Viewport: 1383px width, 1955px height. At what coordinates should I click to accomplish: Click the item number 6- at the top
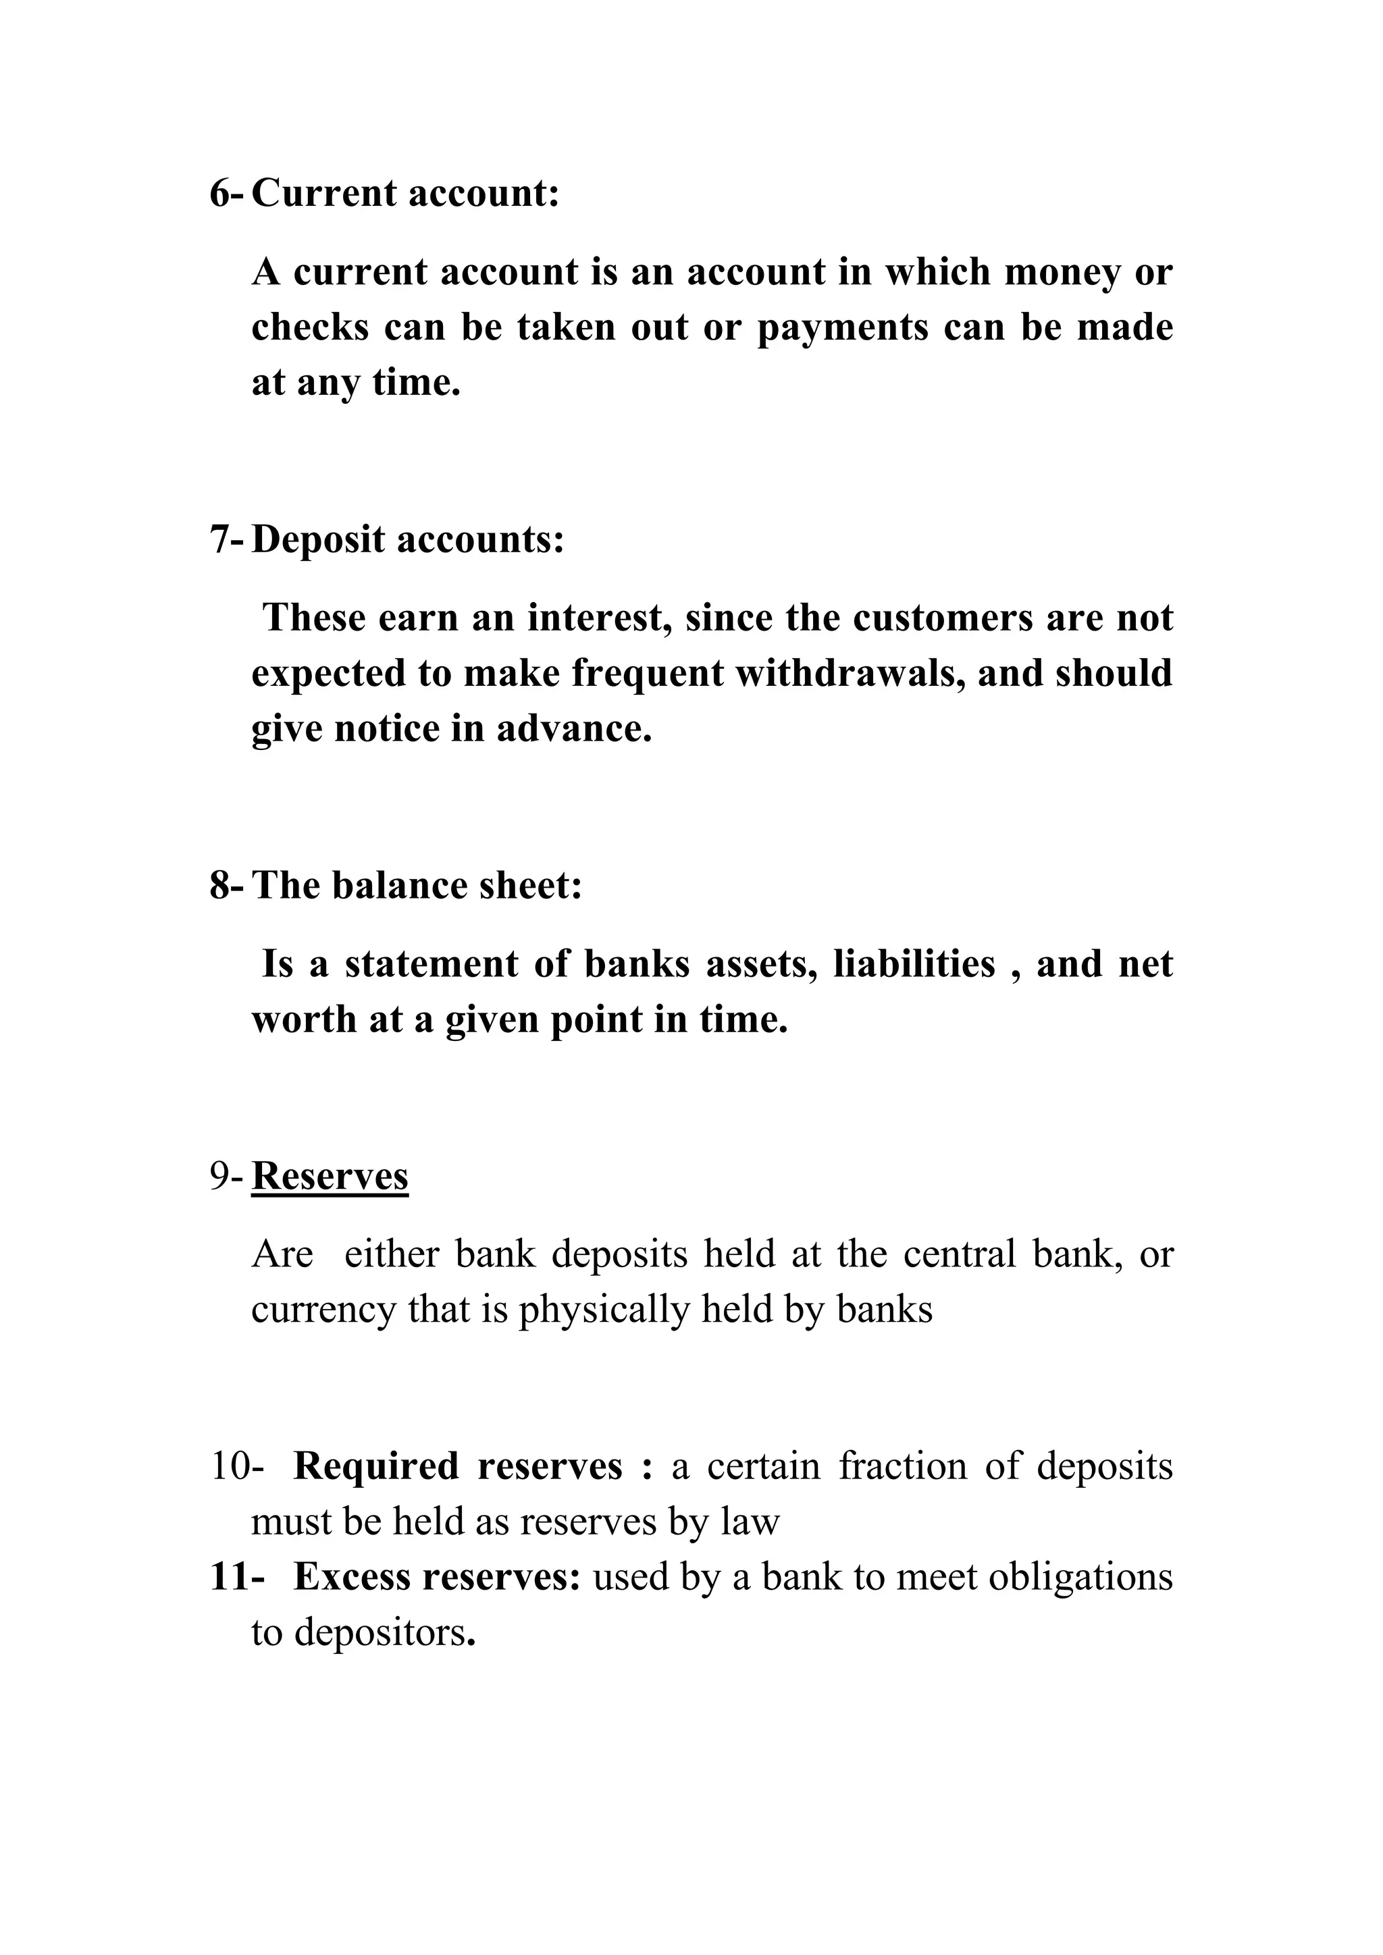[226, 194]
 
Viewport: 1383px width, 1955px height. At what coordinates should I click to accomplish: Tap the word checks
[310, 328]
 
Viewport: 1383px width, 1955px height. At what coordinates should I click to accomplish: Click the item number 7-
[226, 540]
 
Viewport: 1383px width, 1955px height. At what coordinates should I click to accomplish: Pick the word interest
[600, 618]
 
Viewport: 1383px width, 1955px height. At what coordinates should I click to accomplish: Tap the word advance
[574, 729]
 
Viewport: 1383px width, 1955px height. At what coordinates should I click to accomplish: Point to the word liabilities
[914, 965]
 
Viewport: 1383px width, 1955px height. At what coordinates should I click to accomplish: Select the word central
[959, 1254]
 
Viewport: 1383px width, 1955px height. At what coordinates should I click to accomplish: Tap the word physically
[604, 1310]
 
